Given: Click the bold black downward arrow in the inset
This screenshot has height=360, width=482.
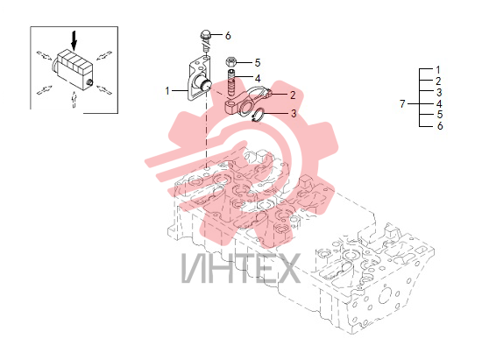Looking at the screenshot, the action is click(74, 40).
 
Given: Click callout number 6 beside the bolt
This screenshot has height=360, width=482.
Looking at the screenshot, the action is click(228, 36).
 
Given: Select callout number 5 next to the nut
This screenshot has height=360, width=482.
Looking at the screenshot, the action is click(258, 63).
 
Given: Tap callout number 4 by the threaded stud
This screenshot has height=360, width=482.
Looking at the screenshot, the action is click(258, 79).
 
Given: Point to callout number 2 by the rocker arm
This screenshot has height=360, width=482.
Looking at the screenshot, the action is click(293, 95).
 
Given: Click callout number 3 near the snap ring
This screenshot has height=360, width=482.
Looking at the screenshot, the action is click(294, 114).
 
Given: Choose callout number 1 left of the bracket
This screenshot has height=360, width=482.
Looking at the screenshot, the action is click(167, 91).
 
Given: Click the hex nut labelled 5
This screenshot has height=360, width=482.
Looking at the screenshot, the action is click(230, 62).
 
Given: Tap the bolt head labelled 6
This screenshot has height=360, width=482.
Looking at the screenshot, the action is click(205, 34).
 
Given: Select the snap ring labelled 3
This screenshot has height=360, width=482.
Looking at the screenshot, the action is click(258, 115).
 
